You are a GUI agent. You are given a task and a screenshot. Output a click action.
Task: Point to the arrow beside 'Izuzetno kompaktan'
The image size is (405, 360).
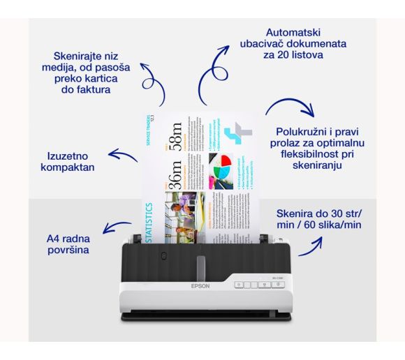coord(122,156)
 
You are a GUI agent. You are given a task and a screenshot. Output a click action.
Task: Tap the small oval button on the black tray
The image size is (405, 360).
coord(163,256)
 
